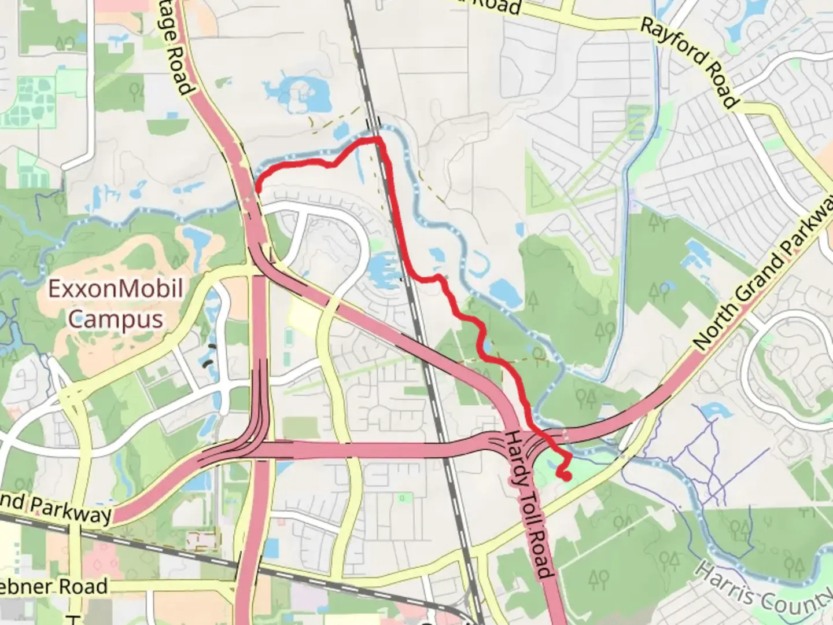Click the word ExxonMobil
coord(115,288)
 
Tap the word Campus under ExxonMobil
coord(115,318)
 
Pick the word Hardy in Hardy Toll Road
coord(515,457)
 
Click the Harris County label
coord(764,587)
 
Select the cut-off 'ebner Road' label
coord(53,586)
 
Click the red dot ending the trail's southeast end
coord(565,476)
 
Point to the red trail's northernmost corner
coord(377,139)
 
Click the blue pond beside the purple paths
coord(712,412)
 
